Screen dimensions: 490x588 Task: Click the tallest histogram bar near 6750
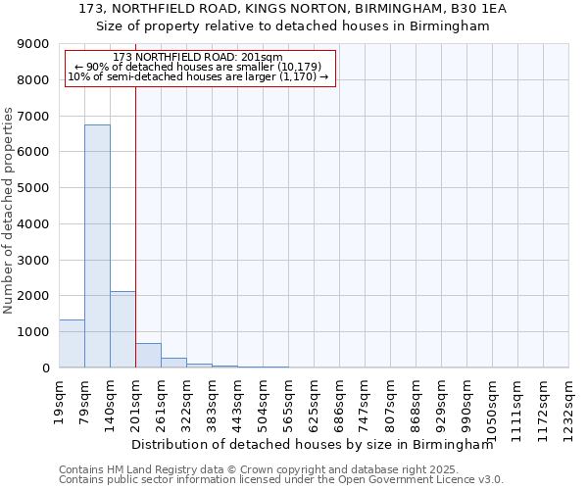pyautogui.click(x=97, y=245)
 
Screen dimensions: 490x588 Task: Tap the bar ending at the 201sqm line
pyautogui.click(x=122, y=329)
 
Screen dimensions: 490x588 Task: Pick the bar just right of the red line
pyautogui.click(x=148, y=356)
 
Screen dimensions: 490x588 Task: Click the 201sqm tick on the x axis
pyautogui.click(x=136, y=400)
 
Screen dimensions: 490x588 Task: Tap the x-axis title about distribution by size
pyautogui.click(x=312, y=444)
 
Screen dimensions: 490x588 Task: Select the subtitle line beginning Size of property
pyautogui.click(x=293, y=26)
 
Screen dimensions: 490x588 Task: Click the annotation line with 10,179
pyautogui.click(x=200, y=67)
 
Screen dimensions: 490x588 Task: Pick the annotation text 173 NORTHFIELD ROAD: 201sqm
pyautogui.click(x=200, y=57)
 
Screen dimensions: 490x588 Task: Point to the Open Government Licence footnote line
pyautogui.click(x=281, y=480)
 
